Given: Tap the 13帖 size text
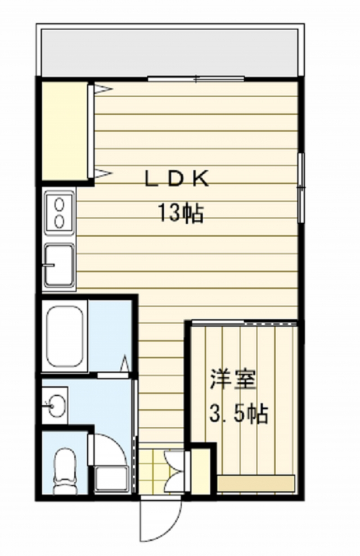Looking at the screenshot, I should pos(179,213).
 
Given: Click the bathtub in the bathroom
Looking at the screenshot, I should pos(65,336).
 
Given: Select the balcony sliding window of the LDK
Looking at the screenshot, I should pos(196,79).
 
